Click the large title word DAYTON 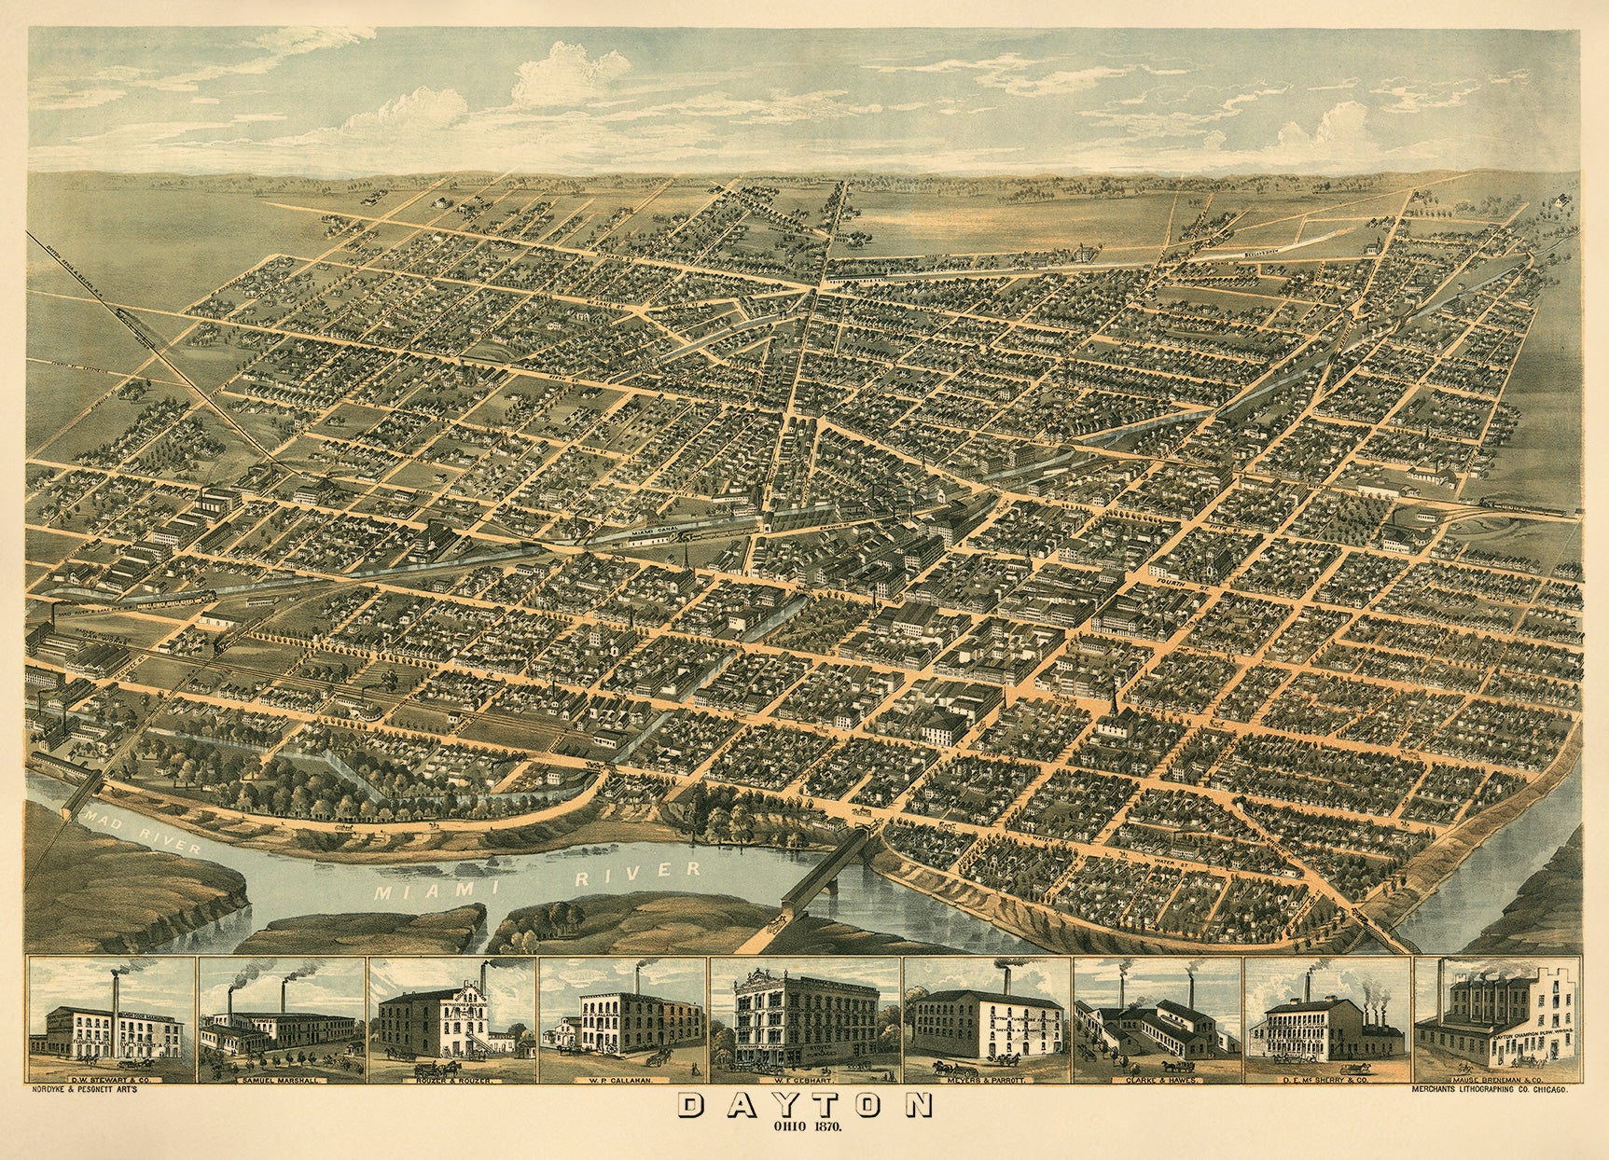803,1127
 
